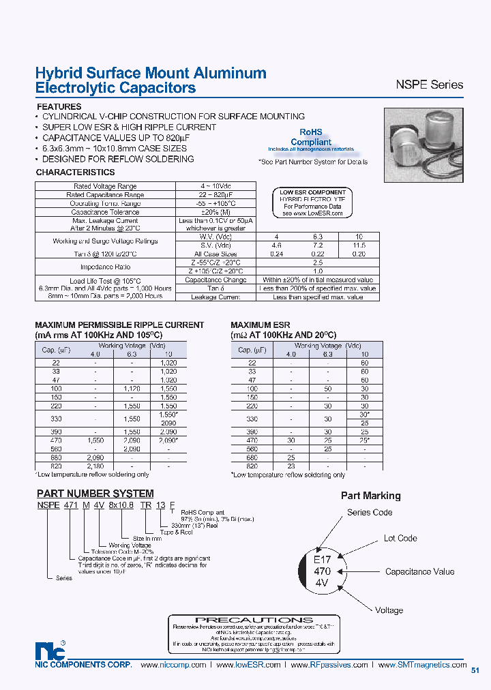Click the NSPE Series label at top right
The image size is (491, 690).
pyautogui.click(x=429, y=85)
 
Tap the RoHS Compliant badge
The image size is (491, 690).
pyautogui.click(x=316, y=138)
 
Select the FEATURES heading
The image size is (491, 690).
pyautogui.click(x=59, y=107)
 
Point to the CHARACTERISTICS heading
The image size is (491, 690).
pyautogui.click(x=75, y=173)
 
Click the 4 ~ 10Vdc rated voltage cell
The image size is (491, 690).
pyautogui.click(x=215, y=186)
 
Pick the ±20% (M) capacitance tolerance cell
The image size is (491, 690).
pyautogui.click(x=215, y=212)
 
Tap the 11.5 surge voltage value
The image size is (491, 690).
pyautogui.click(x=359, y=245)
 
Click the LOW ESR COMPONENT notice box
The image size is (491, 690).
pyautogui.click(x=313, y=203)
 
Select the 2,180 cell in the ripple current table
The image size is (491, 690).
pyautogui.click(x=132, y=467)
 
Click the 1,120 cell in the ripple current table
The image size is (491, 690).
pyautogui.click(x=132, y=387)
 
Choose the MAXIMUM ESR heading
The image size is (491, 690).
pyautogui.click(x=260, y=325)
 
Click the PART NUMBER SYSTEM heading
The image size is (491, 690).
pyautogui.click(x=95, y=493)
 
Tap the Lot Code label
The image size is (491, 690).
pyautogui.click(x=400, y=539)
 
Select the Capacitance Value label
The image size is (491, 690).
pyautogui.click(x=419, y=572)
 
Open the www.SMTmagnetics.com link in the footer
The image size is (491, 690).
pyautogui.click(x=423, y=665)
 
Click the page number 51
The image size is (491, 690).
pyautogui.click(x=475, y=670)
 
